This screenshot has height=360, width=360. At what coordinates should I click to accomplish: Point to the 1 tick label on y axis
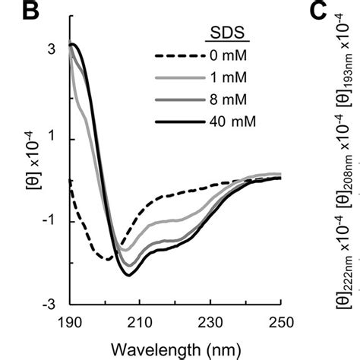51,138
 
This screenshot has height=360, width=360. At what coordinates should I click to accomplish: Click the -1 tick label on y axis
48,221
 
